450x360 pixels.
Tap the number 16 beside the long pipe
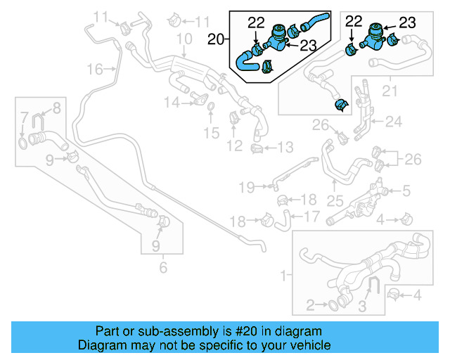tap(95, 68)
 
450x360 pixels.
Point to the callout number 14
tap(172, 103)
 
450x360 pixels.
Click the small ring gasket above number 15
tap(211, 107)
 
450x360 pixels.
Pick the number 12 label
tap(234, 146)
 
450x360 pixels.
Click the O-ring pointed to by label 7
tap(23, 143)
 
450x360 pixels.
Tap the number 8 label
tap(56, 108)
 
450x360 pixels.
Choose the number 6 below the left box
tap(163, 268)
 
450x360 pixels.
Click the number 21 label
tap(389, 90)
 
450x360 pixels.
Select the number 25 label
tap(335, 200)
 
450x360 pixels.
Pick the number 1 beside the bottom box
tap(283, 274)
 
